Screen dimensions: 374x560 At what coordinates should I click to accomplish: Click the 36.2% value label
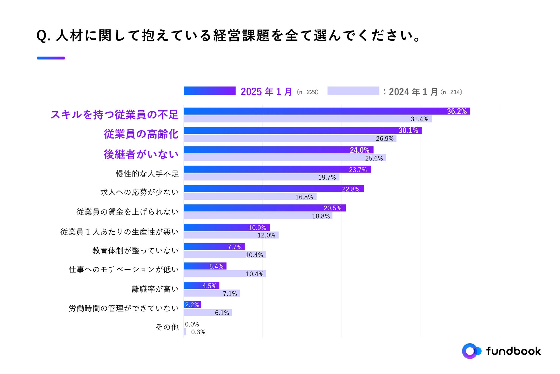click(457, 111)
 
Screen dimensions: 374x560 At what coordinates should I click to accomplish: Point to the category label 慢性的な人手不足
click(147, 174)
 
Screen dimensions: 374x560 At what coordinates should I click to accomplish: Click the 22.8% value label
click(351, 189)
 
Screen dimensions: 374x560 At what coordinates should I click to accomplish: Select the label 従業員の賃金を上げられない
click(128, 212)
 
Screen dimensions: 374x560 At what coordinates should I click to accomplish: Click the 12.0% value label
click(266, 235)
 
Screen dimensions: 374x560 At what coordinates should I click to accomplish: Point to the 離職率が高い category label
click(155, 289)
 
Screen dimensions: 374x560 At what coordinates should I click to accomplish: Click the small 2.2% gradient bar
click(192, 305)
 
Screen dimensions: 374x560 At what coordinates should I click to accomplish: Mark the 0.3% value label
click(198, 332)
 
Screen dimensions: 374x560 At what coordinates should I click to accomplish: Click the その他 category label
click(167, 327)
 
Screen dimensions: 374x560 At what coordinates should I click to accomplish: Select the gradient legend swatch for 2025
click(210, 91)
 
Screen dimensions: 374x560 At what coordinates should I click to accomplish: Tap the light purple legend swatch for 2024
click(353, 91)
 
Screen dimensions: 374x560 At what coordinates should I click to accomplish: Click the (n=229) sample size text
click(308, 92)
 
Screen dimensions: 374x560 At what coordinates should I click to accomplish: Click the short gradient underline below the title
click(51, 58)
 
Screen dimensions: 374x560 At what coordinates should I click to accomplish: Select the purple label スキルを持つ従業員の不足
click(115, 115)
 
